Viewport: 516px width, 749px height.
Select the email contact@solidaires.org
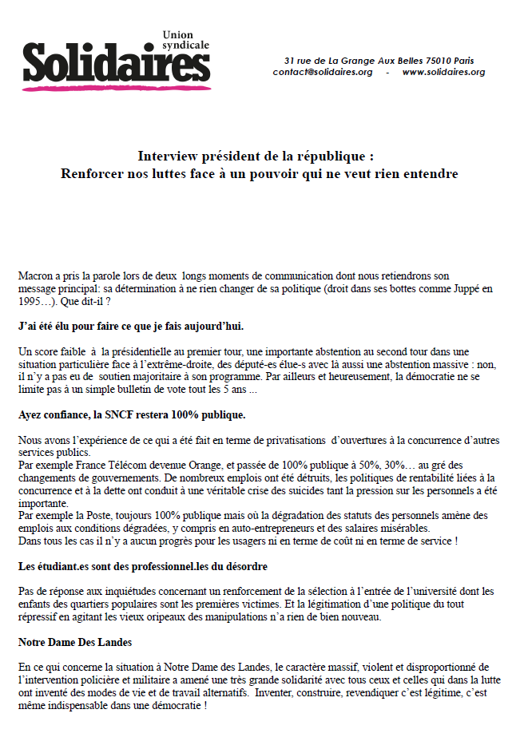pos(323,72)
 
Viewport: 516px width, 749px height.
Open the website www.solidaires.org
pos(443,72)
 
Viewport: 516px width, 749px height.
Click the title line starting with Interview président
pos(255,155)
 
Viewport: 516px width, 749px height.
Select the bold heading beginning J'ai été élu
pos(131,327)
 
